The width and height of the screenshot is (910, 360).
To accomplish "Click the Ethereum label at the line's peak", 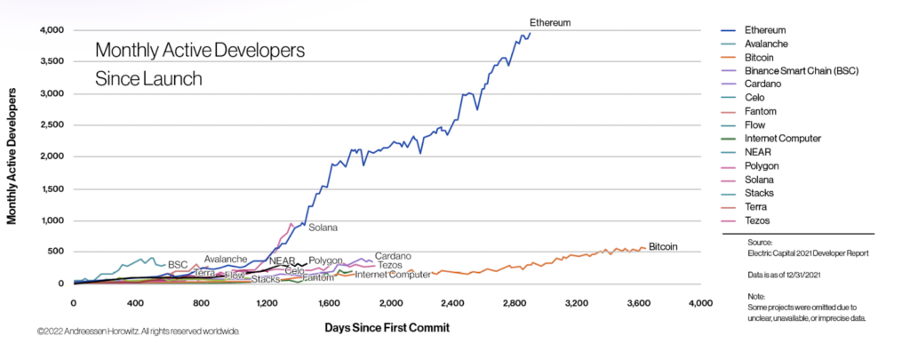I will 549,22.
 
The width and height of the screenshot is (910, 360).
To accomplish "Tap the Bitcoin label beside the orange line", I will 664,246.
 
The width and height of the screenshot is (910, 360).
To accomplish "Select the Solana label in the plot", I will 323,228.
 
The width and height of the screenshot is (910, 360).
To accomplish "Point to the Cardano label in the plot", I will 392,256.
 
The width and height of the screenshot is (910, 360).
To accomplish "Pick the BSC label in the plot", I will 178,264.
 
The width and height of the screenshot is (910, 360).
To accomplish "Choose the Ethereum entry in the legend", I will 766,30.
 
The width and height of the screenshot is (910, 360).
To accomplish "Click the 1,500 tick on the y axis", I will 52,188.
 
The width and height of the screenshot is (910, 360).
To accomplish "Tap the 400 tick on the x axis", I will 136,304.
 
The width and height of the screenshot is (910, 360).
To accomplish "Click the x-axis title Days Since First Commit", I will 387,327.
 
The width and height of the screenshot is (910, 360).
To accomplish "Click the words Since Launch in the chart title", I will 148,78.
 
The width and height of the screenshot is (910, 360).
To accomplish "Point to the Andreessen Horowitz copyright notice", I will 138,332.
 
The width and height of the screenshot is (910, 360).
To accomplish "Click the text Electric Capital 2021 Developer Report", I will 809,253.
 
